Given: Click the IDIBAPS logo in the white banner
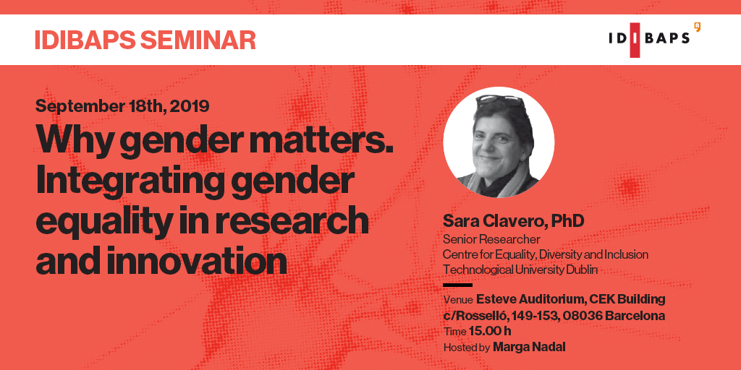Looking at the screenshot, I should coord(654,39).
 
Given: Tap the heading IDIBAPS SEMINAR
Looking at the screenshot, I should coord(145,40).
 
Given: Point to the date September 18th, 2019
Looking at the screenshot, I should coord(122,106).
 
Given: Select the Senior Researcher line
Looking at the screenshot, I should coord(491,239).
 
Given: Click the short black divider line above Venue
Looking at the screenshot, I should coord(457,285).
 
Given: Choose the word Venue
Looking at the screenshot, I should coord(458,300).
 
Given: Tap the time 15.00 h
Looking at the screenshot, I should coord(490,332).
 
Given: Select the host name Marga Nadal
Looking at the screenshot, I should coord(528,348).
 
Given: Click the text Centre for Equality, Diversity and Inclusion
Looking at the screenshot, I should coord(545,254).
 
